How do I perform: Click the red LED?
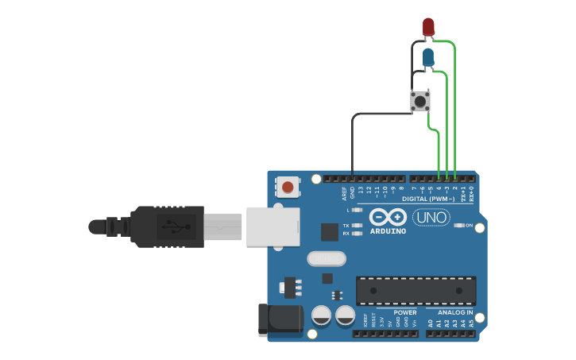pos(428,26)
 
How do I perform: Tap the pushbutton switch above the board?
pos(420,101)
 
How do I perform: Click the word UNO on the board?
pos(431,217)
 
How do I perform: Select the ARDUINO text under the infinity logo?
pos(388,231)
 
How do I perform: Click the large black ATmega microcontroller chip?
pos(416,291)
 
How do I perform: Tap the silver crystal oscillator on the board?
pos(327,258)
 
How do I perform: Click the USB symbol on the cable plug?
pos(172,226)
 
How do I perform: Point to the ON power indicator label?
pos(469,226)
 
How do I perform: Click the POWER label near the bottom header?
pos(404,312)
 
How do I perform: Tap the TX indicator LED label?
pos(346,226)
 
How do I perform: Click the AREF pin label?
pos(345,192)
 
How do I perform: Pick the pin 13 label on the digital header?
pos(360,191)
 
